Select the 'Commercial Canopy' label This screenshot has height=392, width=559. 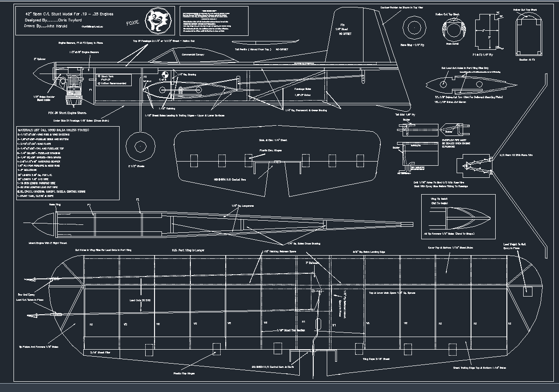coord(194,54)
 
